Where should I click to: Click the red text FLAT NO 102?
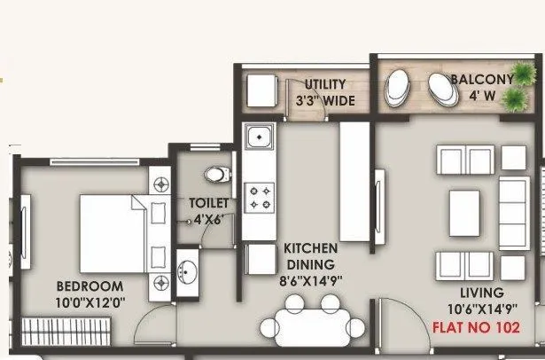click(x=476, y=326)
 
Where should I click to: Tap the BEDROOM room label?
click(x=90, y=286)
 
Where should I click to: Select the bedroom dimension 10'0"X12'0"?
click(x=90, y=304)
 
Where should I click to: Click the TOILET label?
click(x=208, y=202)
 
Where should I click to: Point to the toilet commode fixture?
click(x=215, y=174)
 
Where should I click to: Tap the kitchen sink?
click(x=258, y=138)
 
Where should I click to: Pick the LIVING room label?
click(x=481, y=292)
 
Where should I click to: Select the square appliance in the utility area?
click(x=261, y=91)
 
